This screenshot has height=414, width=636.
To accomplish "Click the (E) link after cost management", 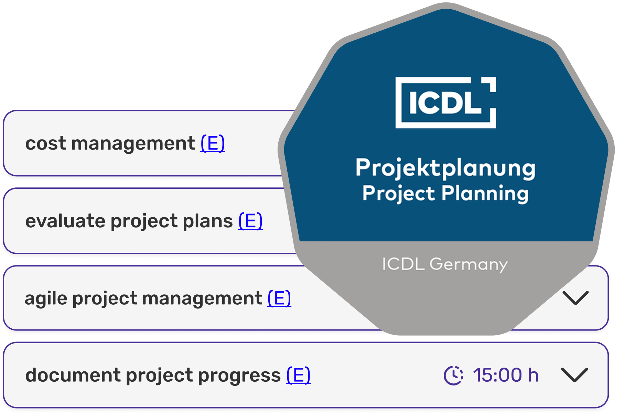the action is click(x=213, y=143).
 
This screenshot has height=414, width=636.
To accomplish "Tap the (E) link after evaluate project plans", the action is click(x=250, y=221).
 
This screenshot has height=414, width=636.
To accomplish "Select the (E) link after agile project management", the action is click(x=279, y=298).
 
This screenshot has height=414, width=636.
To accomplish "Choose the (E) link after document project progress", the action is click(x=298, y=375).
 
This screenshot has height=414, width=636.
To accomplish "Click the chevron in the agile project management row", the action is click(x=575, y=298).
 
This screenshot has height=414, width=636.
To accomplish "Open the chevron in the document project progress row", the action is click(x=574, y=375).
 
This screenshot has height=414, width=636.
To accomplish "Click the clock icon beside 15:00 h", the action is click(x=453, y=375).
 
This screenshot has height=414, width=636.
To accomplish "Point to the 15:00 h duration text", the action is click(x=506, y=375).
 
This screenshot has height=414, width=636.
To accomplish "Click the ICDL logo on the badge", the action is click(x=446, y=102).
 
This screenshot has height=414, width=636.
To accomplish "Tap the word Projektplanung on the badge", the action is click(x=445, y=168).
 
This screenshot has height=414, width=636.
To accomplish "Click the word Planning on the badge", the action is click(x=485, y=193).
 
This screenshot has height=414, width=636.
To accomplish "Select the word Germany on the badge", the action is click(x=468, y=265).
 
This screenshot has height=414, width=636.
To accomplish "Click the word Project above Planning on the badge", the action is click(x=399, y=193).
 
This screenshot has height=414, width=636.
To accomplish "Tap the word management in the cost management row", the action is click(x=133, y=144).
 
